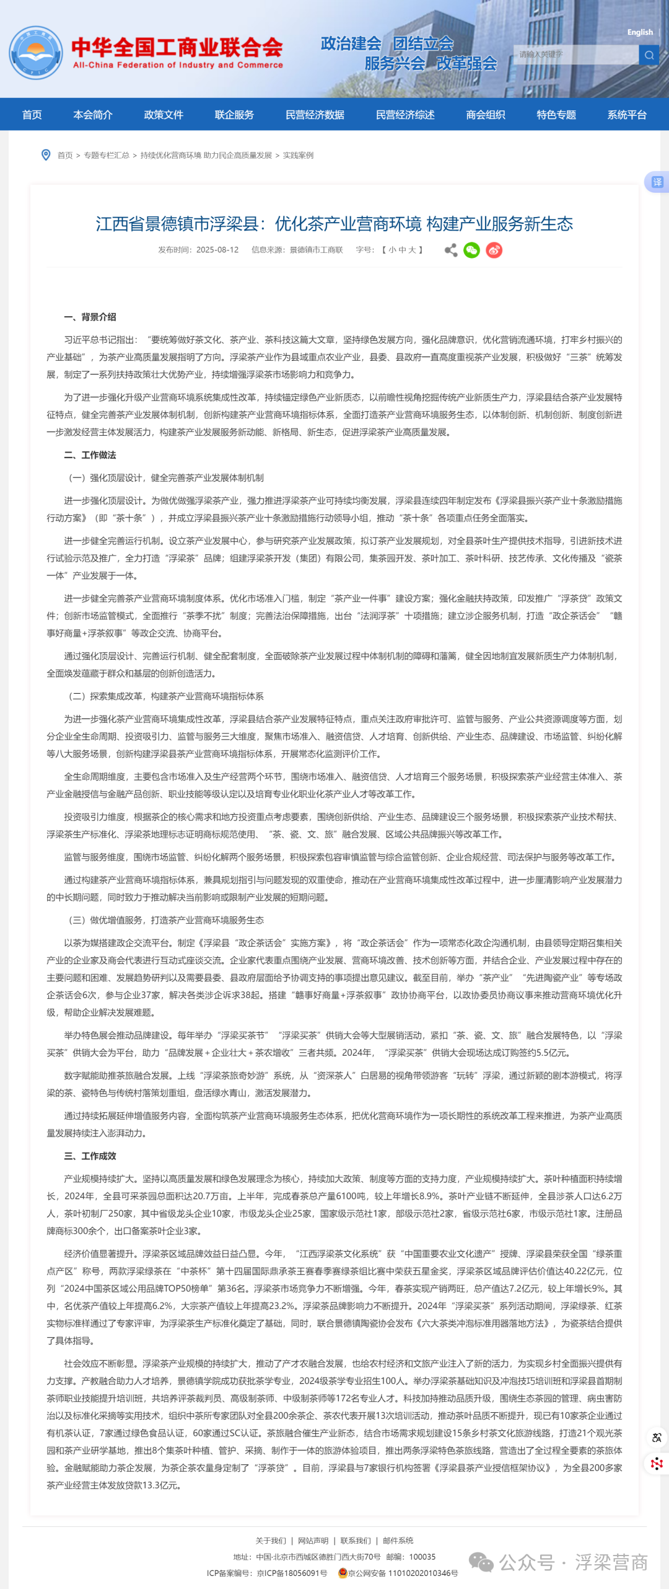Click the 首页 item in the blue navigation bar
click(32, 115)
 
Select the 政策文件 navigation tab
click(164, 115)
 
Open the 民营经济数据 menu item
click(315, 115)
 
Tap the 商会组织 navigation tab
click(486, 115)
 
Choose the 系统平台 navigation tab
click(627, 115)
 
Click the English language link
click(640, 32)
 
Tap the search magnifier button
click(649, 55)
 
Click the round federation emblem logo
click(36, 53)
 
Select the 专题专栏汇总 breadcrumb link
click(107, 156)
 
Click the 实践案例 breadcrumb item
click(298, 156)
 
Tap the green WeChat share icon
click(471, 250)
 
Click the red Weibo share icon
click(494, 250)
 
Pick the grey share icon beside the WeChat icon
click(451, 250)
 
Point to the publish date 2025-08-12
click(217, 250)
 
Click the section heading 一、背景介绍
click(90, 317)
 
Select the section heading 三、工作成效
click(90, 1156)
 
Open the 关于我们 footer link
click(271, 1541)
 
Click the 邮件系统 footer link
click(398, 1541)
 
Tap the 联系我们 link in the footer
click(356, 1541)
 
